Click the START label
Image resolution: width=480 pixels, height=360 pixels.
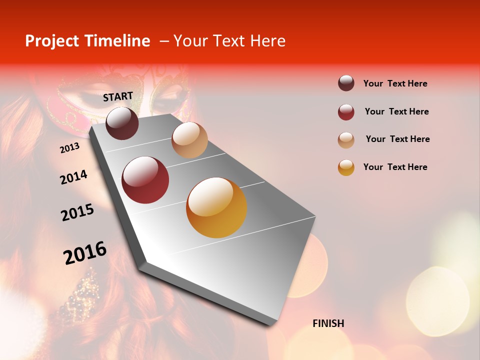tap(118, 96)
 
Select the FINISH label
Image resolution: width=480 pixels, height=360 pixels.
tap(328, 323)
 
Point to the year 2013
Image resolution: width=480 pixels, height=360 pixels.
tap(69, 148)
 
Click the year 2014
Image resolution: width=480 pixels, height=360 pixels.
tap(73, 177)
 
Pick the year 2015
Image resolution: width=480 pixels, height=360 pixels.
tap(77, 212)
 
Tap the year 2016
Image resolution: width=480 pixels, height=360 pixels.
tap(85, 253)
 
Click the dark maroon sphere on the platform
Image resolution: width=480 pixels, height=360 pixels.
tap(122, 123)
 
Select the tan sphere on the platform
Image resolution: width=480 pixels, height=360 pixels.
tap(189, 140)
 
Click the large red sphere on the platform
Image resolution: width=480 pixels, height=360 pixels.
tap(145, 180)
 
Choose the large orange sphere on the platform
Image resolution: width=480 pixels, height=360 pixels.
tap(216, 207)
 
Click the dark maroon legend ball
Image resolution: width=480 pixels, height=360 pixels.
tap(346, 83)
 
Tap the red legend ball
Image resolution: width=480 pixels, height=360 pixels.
tap(346, 112)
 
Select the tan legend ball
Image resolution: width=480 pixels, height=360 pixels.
tap(346, 140)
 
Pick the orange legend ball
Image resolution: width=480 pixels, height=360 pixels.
tap(346, 167)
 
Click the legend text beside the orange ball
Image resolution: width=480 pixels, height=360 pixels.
tap(395, 167)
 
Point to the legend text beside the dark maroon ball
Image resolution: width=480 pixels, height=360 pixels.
tap(395, 83)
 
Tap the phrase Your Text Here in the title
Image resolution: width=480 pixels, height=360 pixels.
tap(229, 41)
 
